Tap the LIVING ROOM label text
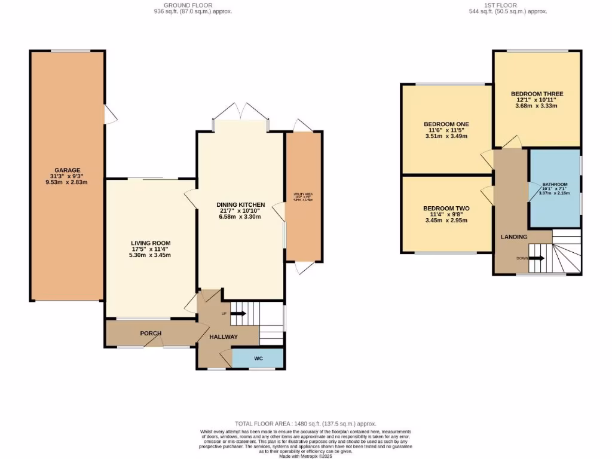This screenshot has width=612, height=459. [x=151, y=243]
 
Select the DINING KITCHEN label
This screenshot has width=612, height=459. [x=240, y=204]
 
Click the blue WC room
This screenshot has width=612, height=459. [x=258, y=358]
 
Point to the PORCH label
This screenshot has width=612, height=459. [x=151, y=333]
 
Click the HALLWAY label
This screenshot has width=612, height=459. [x=223, y=336]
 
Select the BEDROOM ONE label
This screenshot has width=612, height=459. [x=446, y=124]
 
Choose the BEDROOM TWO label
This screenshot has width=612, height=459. [x=446, y=208]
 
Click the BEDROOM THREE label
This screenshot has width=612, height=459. [x=537, y=94]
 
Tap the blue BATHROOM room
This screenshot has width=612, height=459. [x=555, y=189]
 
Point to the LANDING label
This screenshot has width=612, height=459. [x=513, y=237]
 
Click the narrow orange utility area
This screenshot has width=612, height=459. [x=304, y=197]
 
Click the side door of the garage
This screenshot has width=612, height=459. [x=109, y=115]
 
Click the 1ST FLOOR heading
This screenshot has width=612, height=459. [x=508, y=5]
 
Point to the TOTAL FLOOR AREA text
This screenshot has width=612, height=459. [x=306, y=423]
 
